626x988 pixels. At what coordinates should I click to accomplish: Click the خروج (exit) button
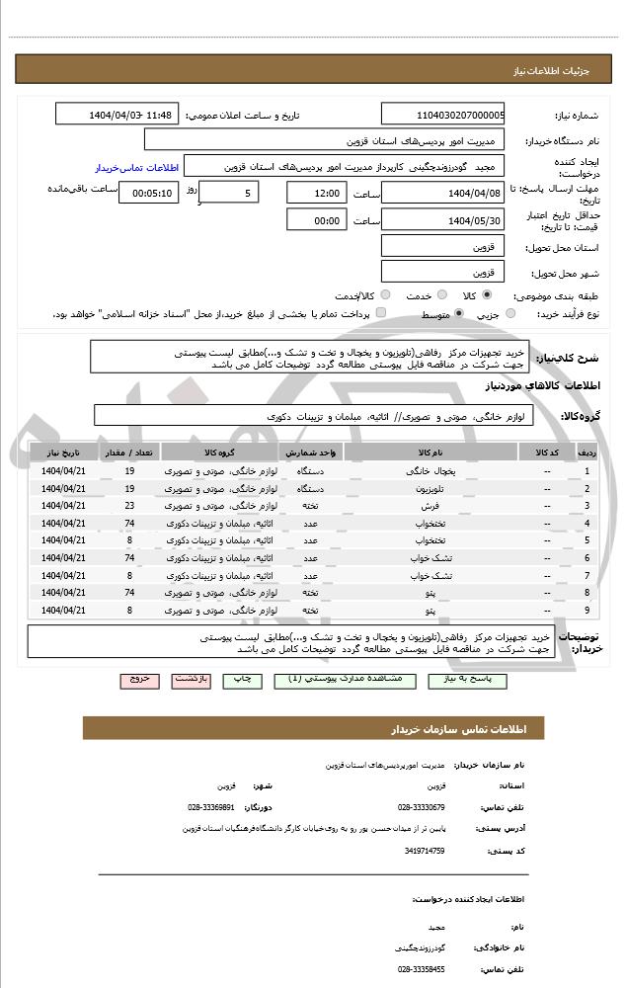(x=138, y=680)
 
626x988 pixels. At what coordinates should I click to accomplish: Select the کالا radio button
(x=487, y=295)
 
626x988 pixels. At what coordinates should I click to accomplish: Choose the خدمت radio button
(x=441, y=295)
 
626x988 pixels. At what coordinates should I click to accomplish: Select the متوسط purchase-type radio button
(x=458, y=313)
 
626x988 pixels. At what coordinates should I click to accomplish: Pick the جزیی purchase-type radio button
(x=510, y=313)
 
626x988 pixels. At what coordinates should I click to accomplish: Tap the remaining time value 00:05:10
(x=149, y=193)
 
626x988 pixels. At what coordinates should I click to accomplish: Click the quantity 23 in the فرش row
(x=129, y=505)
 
